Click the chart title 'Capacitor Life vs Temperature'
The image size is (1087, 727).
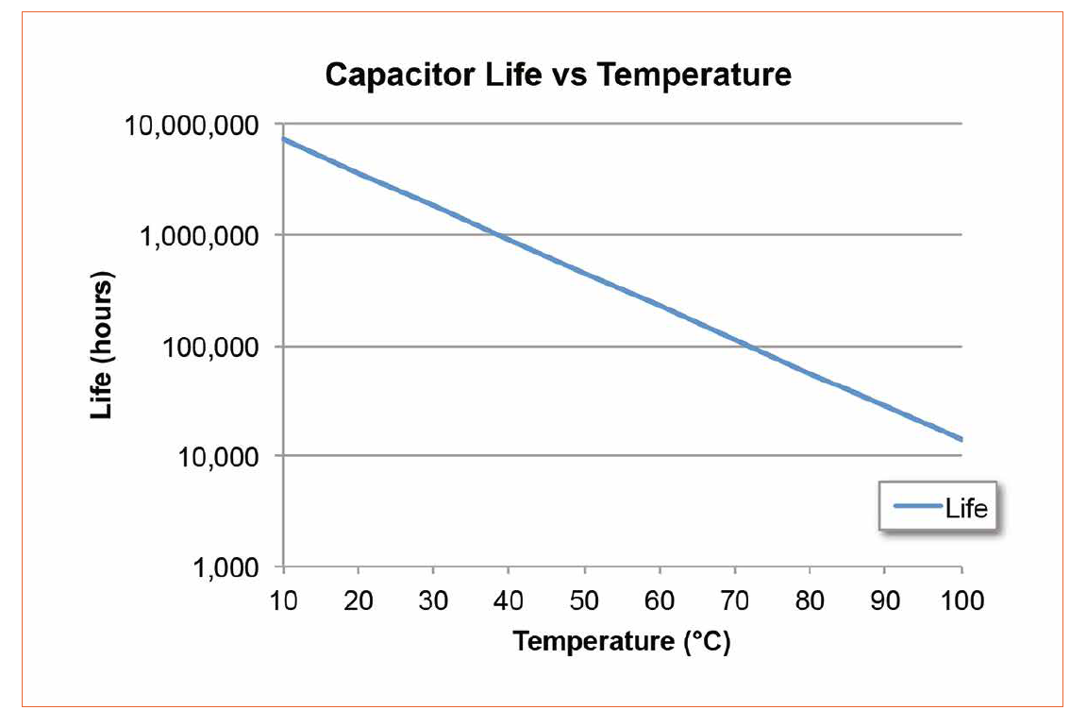[x=558, y=75]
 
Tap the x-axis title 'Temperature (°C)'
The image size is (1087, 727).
[x=622, y=642]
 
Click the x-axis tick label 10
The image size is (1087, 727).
[x=283, y=600]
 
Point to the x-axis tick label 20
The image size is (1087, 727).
[x=358, y=600]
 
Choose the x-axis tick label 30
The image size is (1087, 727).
[x=433, y=600]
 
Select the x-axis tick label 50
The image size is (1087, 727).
[x=584, y=600]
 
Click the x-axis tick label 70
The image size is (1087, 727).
[x=735, y=600]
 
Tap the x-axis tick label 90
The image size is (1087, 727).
[x=885, y=600]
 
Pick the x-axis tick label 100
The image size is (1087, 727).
[x=961, y=600]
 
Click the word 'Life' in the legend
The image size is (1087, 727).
[x=965, y=509]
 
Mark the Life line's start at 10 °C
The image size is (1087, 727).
[x=283, y=139]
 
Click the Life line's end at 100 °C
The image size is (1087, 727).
[x=961, y=439]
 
